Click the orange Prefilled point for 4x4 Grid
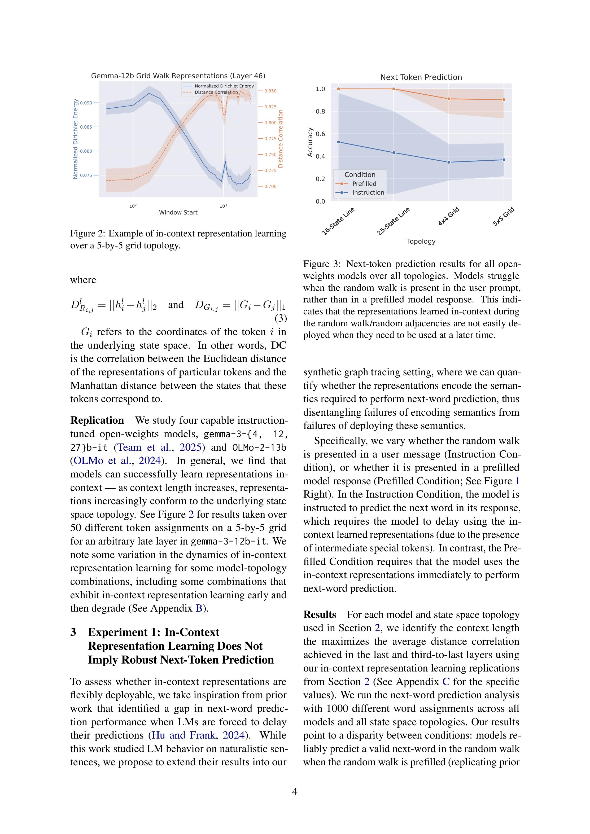click(x=449, y=99)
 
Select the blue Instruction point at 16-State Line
click(x=339, y=142)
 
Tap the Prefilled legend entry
click(x=364, y=184)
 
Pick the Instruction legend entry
click(x=368, y=192)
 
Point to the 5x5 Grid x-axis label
click(x=504, y=217)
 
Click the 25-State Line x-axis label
click(x=393, y=221)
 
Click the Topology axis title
click(x=421, y=241)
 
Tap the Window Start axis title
click(x=178, y=213)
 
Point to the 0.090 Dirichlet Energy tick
click(x=86, y=103)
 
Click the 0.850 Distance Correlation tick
click(x=270, y=91)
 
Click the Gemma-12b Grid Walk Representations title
click(x=178, y=76)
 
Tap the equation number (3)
click(x=281, y=318)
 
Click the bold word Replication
click(x=97, y=420)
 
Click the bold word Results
click(x=320, y=614)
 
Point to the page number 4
click(x=295, y=792)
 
